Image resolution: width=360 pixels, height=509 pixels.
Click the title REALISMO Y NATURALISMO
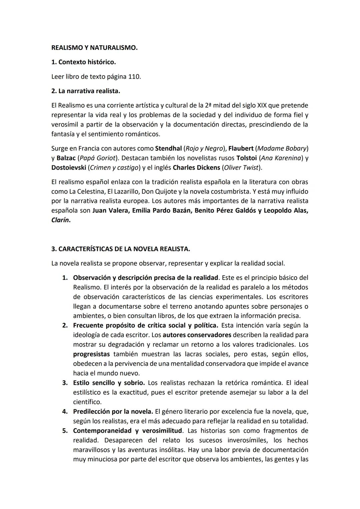pyautogui.click(x=94, y=48)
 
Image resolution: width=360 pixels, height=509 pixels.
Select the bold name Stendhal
pyautogui.click(x=168, y=148)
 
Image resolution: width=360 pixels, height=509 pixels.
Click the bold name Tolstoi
pyautogui.click(x=246, y=158)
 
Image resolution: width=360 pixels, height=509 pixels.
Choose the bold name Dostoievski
pyautogui.click(x=69, y=168)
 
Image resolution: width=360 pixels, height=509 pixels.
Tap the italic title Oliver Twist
pyautogui.click(x=242, y=168)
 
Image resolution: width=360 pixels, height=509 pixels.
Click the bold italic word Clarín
pyautogui.click(x=60, y=220)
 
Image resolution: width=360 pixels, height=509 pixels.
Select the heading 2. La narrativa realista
pyautogui.click(x=86, y=91)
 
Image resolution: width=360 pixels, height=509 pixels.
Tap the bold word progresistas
pyautogui.click(x=91, y=354)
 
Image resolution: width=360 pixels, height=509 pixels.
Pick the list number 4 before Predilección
pyautogui.click(x=65, y=412)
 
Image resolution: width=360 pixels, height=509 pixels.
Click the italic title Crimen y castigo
pyautogui.click(x=114, y=168)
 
